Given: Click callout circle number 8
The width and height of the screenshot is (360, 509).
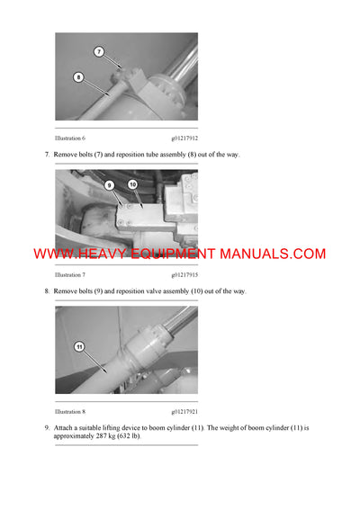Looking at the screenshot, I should click(78, 77).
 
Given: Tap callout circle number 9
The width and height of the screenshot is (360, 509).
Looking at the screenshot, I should click(111, 186).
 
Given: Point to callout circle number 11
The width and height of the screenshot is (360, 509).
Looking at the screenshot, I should click(78, 345).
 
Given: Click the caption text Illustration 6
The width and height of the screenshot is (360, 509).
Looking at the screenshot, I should click(70, 138).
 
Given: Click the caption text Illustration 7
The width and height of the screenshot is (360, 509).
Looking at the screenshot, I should click(70, 274).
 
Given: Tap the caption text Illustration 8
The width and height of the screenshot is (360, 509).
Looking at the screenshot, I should click(70, 411).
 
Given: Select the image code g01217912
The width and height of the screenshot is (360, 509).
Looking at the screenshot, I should click(185, 138).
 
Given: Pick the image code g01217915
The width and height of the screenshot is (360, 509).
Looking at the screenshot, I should click(185, 274).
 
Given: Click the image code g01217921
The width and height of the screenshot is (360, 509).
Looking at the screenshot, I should click(185, 411).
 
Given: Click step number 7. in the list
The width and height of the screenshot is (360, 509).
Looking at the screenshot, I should click(47, 155).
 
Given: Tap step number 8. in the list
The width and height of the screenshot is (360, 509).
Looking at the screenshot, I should click(47, 291).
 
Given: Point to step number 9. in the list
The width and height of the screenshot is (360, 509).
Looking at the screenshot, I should click(47, 427).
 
